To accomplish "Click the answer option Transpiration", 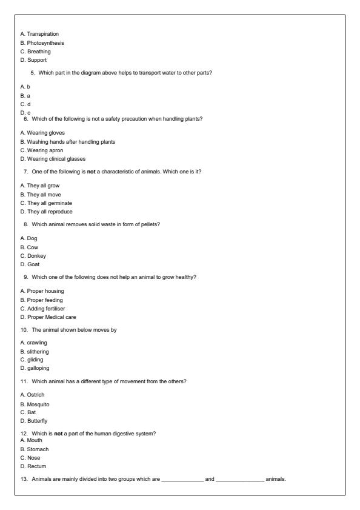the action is click(42, 33).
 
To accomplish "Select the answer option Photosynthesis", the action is click(44, 42).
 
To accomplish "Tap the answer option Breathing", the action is click(39, 52).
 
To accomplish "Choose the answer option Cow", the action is click(33, 247).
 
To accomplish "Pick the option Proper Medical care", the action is click(50, 317).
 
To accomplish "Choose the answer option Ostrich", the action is click(35, 395).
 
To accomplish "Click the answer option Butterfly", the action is click(36, 421).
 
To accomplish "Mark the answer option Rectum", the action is click(36, 466).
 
